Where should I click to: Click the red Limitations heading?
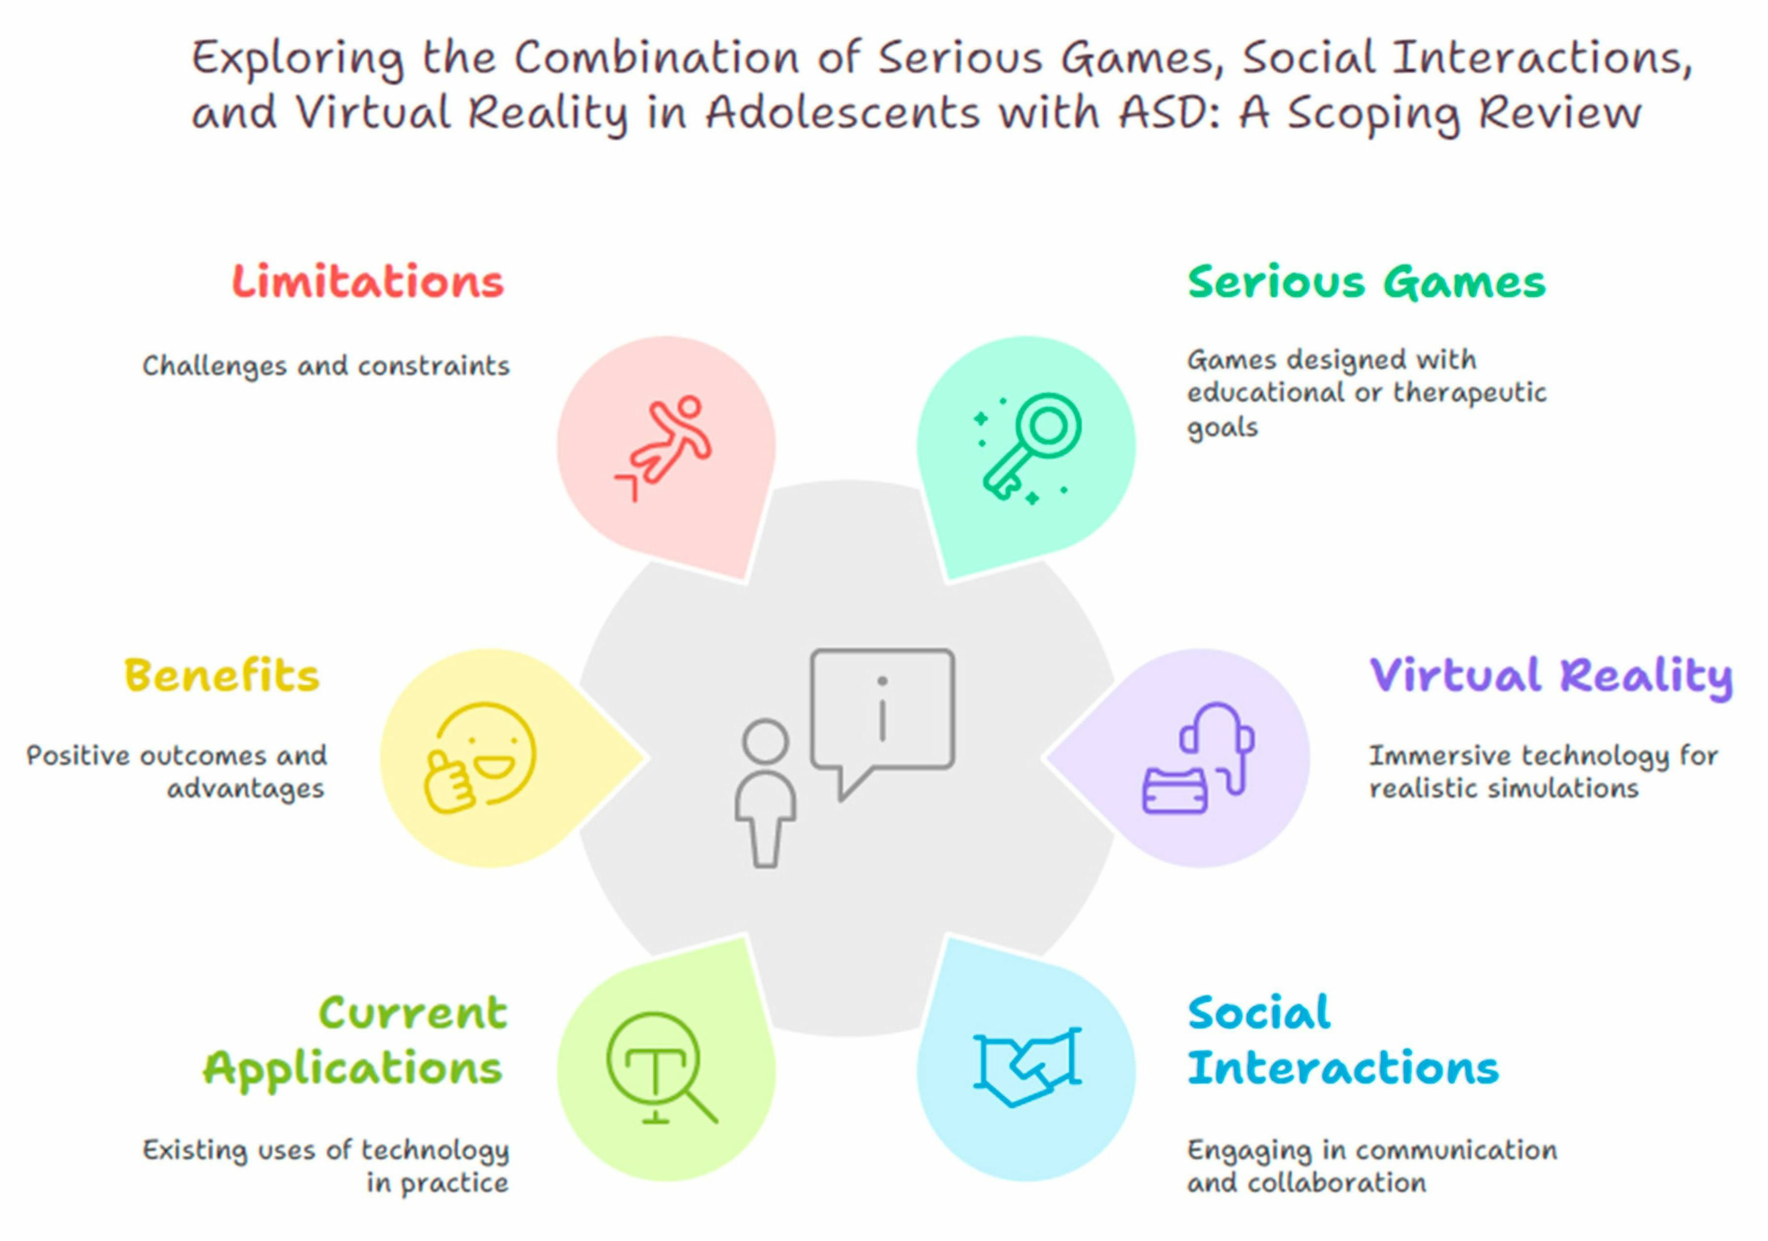(x=368, y=282)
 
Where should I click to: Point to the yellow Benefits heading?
(x=221, y=676)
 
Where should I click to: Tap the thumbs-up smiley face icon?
(x=479, y=758)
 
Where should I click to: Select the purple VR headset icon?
(x=1198, y=758)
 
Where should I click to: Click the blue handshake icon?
(x=1027, y=1066)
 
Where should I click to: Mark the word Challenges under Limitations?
(x=214, y=366)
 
